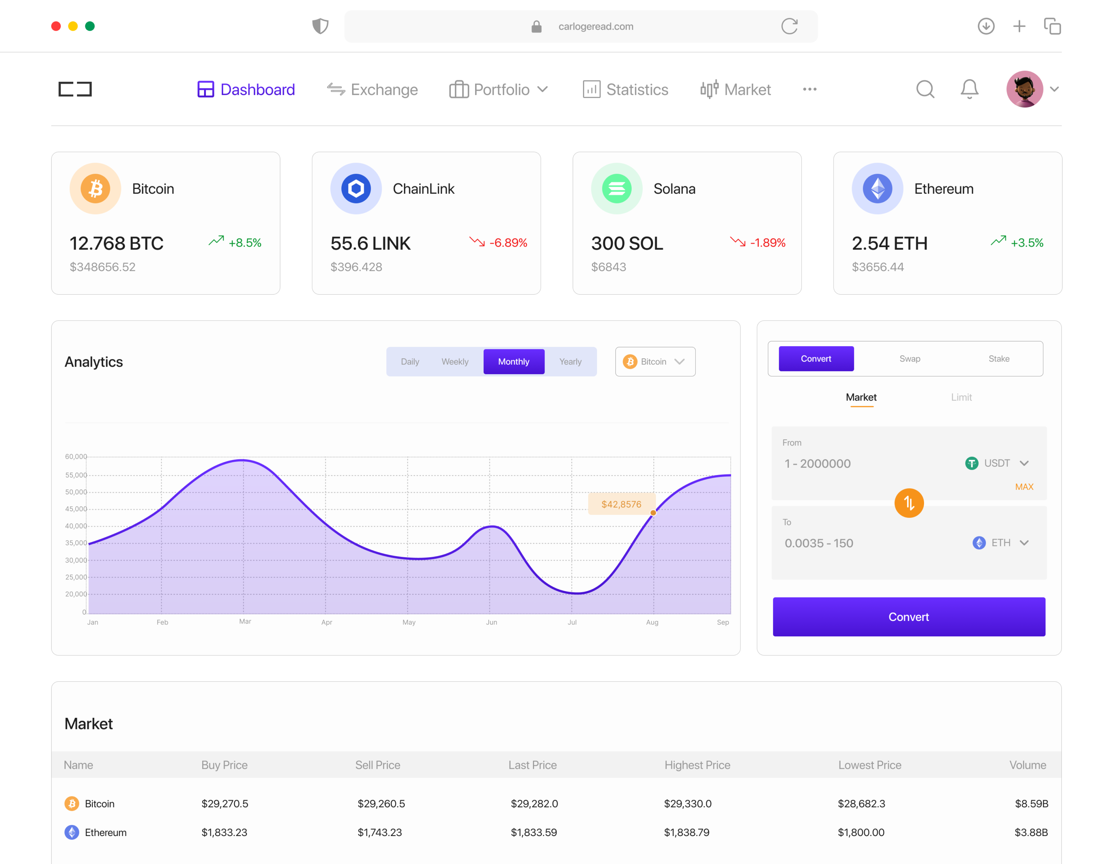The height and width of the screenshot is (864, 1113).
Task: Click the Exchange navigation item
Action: click(373, 90)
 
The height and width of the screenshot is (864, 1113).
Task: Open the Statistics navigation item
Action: click(625, 90)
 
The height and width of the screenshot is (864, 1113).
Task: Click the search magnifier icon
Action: click(925, 89)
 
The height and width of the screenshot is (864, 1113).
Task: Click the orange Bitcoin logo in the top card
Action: click(95, 189)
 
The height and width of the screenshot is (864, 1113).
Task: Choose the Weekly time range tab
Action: click(455, 361)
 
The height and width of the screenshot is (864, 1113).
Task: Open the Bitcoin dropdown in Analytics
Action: click(655, 361)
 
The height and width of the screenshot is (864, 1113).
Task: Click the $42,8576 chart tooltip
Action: click(621, 504)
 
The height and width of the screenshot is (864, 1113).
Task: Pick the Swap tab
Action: click(910, 359)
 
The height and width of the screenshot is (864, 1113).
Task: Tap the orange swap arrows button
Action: click(909, 503)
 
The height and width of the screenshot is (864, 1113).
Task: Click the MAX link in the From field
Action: click(1024, 487)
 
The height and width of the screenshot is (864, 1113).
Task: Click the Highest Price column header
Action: click(697, 765)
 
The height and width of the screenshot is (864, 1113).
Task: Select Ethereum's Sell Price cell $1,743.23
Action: click(380, 832)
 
